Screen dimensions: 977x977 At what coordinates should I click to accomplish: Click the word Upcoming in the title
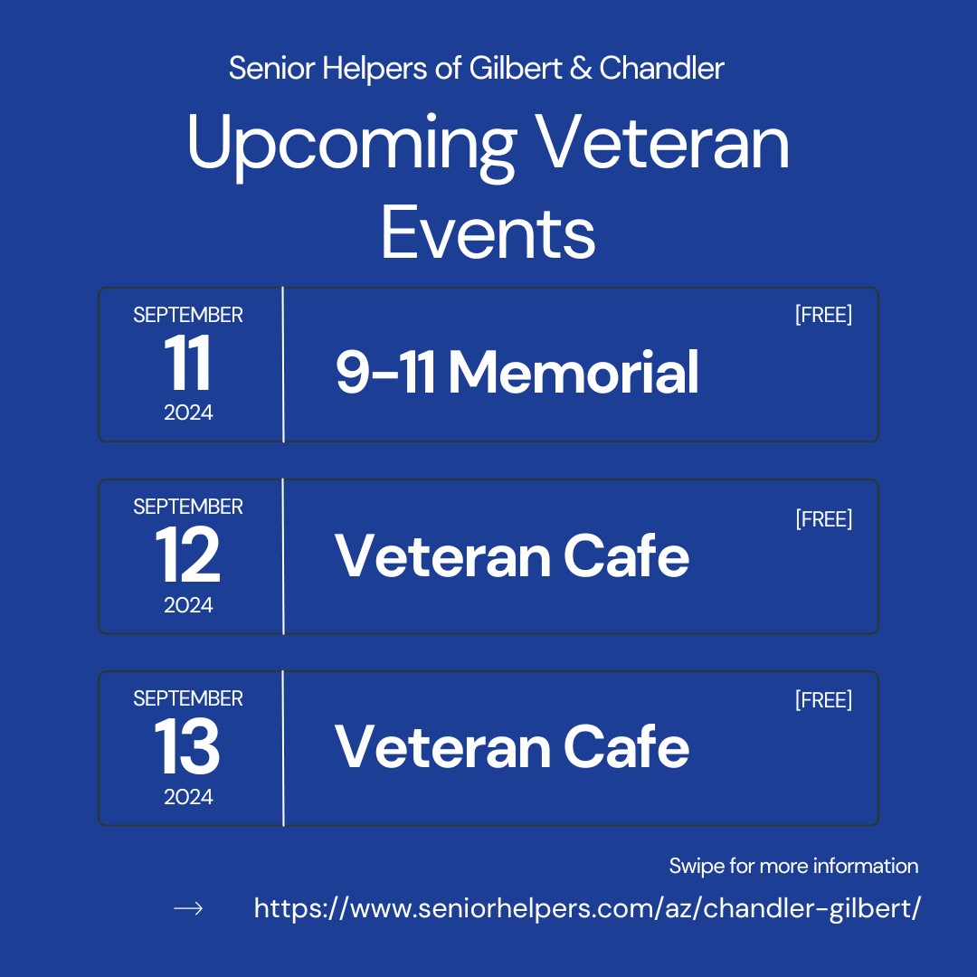pyautogui.click(x=352, y=147)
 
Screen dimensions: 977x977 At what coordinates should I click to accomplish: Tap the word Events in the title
pyautogui.click(x=488, y=233)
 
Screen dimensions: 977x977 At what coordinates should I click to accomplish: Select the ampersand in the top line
pyautogui.click(x=580, y=68)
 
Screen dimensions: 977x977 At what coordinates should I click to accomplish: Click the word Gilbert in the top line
pyautogui.click(x=516, y=68)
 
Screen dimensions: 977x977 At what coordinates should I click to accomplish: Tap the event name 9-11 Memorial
pyautogui.click(x=517, y=372)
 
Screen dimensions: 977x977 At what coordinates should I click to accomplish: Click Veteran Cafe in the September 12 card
pyautogui.click(x=511, y=555)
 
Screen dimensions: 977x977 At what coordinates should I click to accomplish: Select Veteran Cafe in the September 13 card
pyautogui.click(x=511, y=747)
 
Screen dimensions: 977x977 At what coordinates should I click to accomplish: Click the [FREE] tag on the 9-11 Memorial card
pyautogui.click(x=823, y=315)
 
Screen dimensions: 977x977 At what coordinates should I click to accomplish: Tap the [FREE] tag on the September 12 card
pyautogui.click(x=823, y=519)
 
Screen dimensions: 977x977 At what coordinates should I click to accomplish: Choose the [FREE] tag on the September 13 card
pyautogui.click(x=823, y=700)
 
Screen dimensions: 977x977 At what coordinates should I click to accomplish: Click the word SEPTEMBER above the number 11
pyautogui.click(x=188, y=315)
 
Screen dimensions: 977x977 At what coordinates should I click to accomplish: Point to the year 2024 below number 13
pyautogui.click(x=188, y=797)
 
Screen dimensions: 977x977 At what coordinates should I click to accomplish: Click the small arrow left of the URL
pyautogui.click(x=188, y=908)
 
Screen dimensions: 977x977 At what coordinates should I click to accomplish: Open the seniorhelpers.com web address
pyautogui.click(x=587, y=908)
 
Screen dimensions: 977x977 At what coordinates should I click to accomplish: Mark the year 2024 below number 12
pyautogui.click(x=188, y=605)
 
